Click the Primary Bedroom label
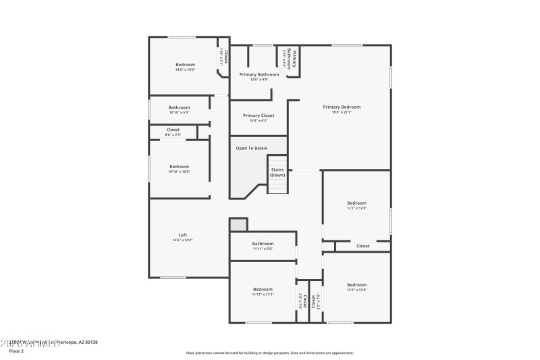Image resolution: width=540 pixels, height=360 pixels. click(x=342, y=107)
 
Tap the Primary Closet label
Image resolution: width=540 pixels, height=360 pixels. click(x=259, y=115)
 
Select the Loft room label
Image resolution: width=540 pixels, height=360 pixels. click(x=182, y=235)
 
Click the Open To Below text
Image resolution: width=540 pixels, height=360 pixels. click(x=251, y=148)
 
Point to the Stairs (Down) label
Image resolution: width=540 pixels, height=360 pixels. click(x=277, y=172)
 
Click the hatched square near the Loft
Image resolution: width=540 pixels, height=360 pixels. click(x=238, y=224)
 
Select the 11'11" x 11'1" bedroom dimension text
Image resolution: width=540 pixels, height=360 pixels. click(x=263, y=294)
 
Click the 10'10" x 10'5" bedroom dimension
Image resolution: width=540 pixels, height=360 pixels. click(x=180, y=172)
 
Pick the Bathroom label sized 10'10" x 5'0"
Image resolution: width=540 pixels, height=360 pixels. click(x=179, y=107)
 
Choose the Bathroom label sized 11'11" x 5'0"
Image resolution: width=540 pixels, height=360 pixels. click(x=263, y=244)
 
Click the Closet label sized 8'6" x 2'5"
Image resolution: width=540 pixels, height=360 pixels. click(x=173, y=130)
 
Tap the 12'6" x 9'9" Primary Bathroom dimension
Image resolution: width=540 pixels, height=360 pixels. click(x=259, y=80)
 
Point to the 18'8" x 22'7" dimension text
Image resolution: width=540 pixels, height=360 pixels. click(x=342, y=112)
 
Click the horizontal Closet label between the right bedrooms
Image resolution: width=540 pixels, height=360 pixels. click(x=363, y=246)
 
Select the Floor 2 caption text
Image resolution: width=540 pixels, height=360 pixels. click(x=16, y=351)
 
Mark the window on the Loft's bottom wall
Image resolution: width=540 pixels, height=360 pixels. click(x=173, y=278)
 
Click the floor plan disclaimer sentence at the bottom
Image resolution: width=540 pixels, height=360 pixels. click(x=269, y=353)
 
